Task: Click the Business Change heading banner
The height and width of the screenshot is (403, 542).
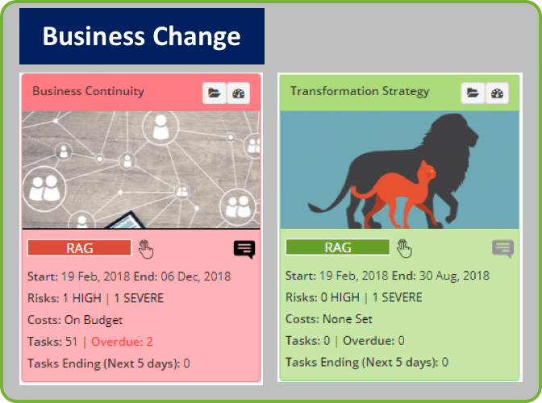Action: (142, 36)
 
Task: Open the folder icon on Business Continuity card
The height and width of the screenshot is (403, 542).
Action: (215, 93)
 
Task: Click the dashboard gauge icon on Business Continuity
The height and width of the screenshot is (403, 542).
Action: (239, 93)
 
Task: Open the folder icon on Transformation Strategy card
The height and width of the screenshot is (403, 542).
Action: (473, 93)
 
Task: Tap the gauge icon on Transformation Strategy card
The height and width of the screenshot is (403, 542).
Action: (497, 93)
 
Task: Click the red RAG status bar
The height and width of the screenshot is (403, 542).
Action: (80, 248)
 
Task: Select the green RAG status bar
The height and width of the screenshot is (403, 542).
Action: (338, 247)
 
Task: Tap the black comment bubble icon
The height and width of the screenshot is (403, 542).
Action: (244, 249)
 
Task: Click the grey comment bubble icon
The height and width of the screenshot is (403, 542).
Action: (503, 248)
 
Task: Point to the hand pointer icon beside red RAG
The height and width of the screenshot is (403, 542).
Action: (146, 249)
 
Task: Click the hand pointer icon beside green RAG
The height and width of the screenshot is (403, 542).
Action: (404, 248)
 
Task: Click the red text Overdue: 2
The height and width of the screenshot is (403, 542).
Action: (122, 342)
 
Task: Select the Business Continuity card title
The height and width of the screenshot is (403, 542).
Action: (88, 91)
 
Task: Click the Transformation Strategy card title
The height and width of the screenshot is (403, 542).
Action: (360, 91)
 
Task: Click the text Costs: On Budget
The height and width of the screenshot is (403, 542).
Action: (75, 320)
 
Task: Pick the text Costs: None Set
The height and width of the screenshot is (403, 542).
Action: (329, 319)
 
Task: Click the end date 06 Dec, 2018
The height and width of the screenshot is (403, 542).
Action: (196, 276)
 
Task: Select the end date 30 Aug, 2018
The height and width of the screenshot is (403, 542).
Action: (454, 276)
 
